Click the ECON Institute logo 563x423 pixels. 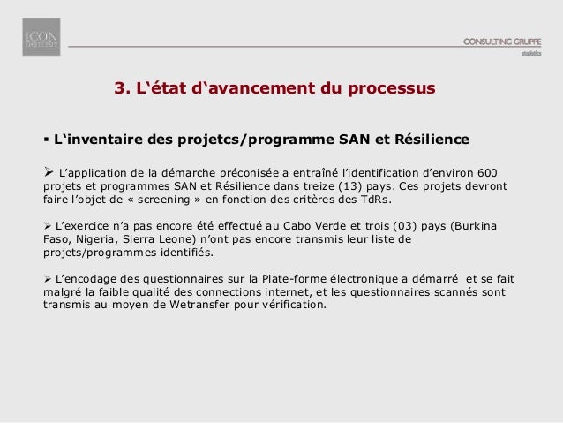41,36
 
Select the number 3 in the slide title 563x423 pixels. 121,89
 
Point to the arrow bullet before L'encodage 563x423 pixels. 48,279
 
